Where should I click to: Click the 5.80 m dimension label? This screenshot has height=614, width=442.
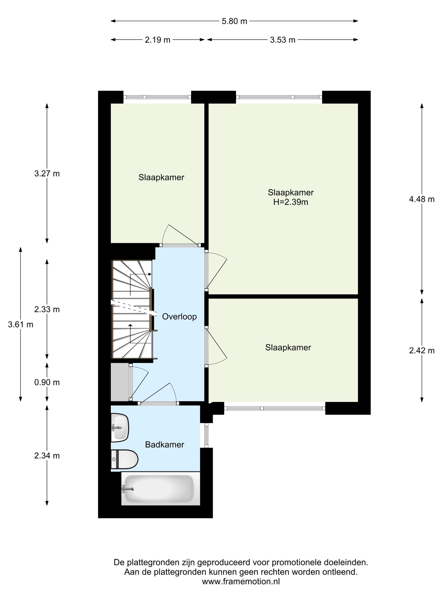point(234,21)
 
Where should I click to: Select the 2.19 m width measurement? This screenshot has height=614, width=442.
point(158,40)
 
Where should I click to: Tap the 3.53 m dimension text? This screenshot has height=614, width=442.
point(283,40)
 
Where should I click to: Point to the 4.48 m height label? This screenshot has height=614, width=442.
point(422,199)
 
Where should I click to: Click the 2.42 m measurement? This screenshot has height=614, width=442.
point(422,350)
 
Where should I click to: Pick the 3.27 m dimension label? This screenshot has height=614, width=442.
point(47,174)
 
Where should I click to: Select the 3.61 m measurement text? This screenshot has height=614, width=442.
point(21,324)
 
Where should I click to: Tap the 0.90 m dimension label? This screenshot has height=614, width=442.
point(47,382)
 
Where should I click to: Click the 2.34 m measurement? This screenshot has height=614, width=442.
point(47,456)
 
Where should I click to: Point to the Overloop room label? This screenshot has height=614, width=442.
point(179,317)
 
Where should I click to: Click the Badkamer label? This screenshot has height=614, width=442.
point(165,445)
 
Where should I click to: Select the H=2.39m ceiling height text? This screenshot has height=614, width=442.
point(291,202)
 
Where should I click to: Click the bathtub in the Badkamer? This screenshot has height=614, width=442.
point(161,488)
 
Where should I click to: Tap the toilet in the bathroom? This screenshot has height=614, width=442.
point(124,459)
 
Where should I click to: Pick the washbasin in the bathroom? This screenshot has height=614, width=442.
point(120,428)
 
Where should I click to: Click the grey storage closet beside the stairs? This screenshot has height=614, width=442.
point(120,382)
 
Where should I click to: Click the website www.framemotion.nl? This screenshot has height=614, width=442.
point(241,582)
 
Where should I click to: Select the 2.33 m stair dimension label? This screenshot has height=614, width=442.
point(47,309)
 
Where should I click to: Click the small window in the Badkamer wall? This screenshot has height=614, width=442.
point(206,435)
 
